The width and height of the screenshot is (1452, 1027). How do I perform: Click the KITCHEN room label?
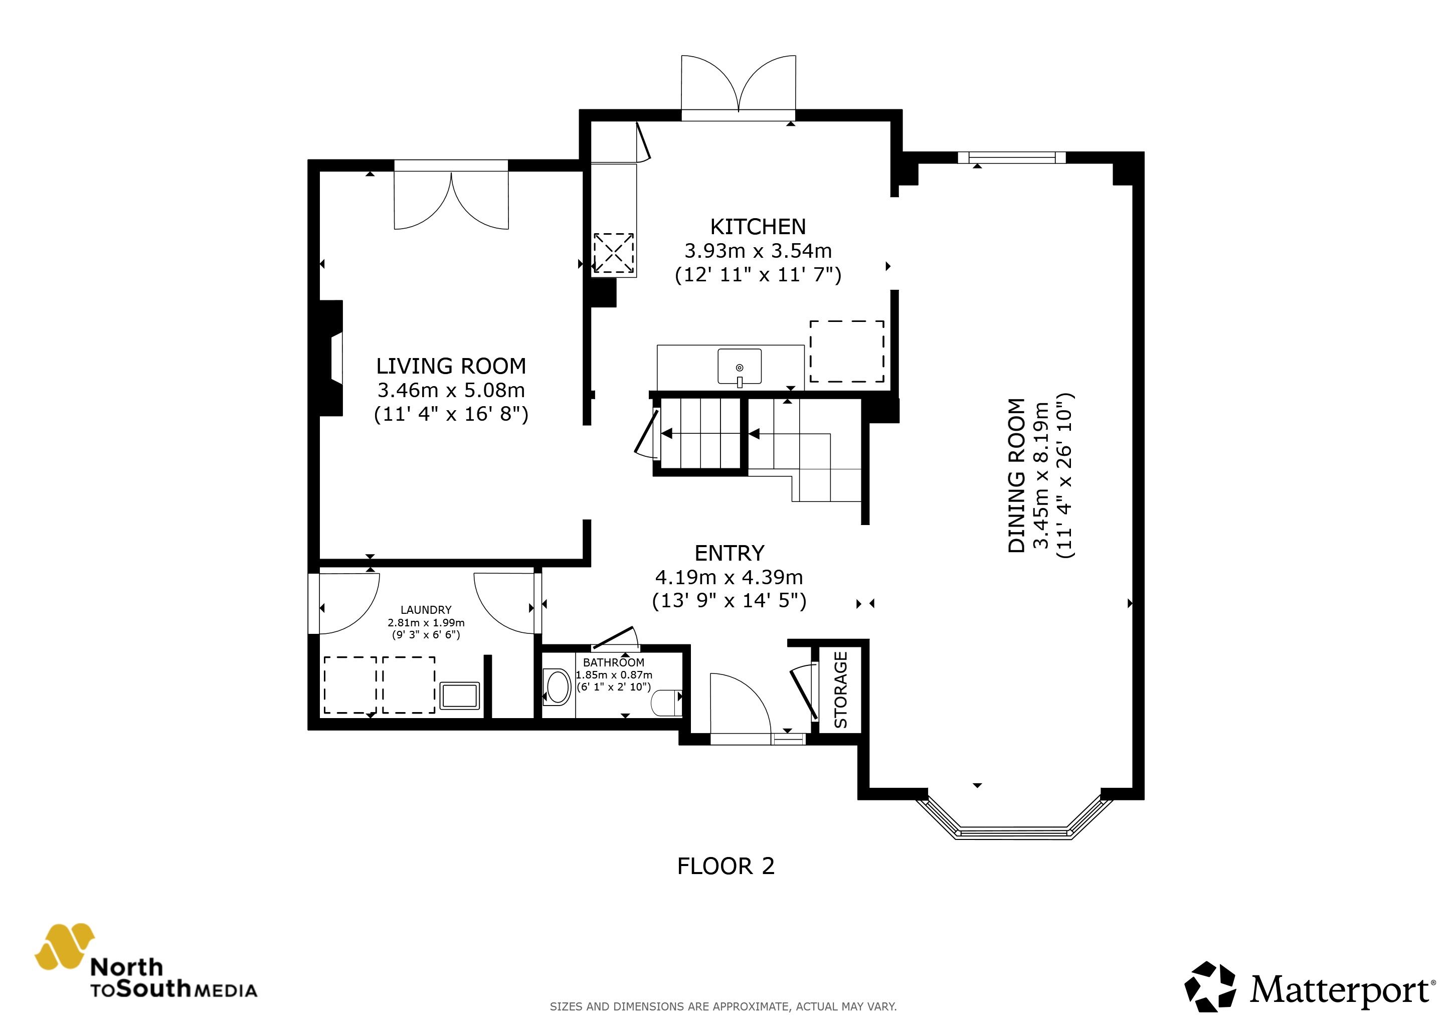click(x=758, y=226)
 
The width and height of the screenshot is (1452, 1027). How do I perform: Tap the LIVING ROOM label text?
click(x=451, y=366)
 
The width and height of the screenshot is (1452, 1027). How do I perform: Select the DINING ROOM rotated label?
click(x=1016, y=475)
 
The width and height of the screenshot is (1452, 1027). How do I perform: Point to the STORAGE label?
click(x=840, y=690)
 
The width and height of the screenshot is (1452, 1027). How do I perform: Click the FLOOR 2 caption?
click(x=725, y=866)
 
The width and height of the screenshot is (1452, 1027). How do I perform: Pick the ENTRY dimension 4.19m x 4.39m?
click(x=729, y=577)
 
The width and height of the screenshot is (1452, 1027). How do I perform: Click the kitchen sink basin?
click(x=739, y=366)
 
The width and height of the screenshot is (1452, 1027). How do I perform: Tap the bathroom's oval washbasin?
click(x=558, y=688)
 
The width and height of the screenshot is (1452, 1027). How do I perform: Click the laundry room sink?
click(x=460, y=696)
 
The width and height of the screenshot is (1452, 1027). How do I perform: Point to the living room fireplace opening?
click(x=336, y=359)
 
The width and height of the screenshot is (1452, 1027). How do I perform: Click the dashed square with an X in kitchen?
click(x=613, y=253)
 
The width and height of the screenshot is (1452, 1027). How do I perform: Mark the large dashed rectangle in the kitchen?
click(x=847, y=351)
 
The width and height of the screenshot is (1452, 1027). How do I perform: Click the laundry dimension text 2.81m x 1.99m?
click(x=426, y=623)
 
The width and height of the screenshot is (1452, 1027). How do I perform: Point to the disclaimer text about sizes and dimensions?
click(x=723, y=1006)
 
